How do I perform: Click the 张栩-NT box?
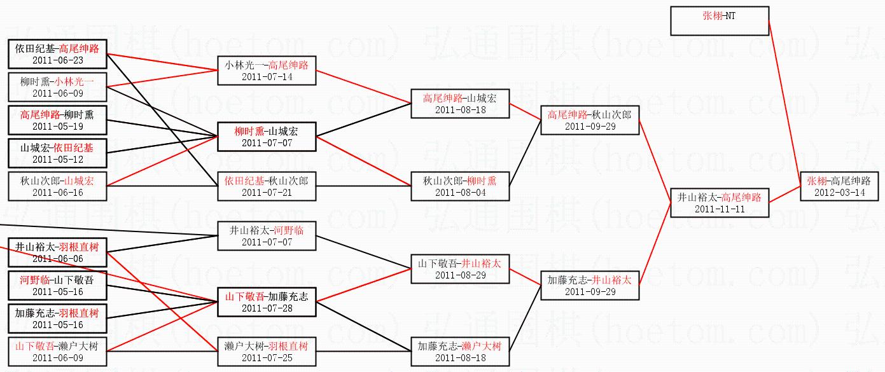point(720,21)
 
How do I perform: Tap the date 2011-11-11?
point(719,209)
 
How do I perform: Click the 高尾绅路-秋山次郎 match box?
point(590,120)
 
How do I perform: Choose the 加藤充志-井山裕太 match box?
point(590,286)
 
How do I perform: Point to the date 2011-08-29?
point(460,275)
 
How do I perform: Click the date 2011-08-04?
point(460,193)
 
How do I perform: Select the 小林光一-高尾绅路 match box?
point(267,71)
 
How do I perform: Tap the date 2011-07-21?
point(267,193)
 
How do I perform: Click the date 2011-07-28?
point(267,308)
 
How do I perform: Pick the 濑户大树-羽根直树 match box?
point(267,352)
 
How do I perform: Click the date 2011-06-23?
point(58,60)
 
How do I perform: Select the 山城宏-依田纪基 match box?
point(58,153)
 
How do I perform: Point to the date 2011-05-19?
point(58,127)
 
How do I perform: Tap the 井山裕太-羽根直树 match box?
point(58,252)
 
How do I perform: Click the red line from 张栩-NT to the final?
point(784,102)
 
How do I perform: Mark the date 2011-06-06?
point(58,259)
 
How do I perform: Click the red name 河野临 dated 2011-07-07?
point(290,230)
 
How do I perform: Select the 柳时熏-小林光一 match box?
point(58,87)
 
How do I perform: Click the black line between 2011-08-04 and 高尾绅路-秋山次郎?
point(525,160)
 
